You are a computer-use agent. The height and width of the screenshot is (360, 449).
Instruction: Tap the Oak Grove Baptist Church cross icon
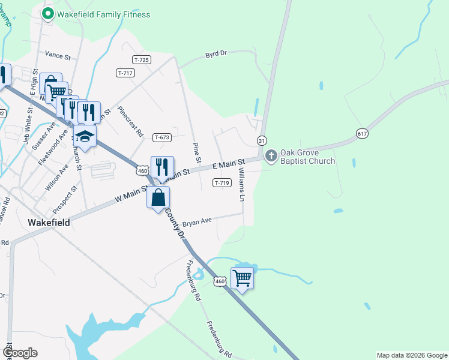(271, 156)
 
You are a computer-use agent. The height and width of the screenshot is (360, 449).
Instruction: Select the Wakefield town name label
(49, 222)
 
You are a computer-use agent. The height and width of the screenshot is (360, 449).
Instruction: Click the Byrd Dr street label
(215, 54)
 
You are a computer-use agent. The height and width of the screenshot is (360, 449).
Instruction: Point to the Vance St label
(58, 55)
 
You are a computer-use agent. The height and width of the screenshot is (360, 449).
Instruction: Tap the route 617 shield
(361, 133)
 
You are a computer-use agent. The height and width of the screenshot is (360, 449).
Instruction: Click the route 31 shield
(262, 140)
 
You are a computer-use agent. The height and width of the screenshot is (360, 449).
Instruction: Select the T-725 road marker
(142, 60)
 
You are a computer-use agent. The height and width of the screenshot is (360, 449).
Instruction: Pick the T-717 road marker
(125, 73)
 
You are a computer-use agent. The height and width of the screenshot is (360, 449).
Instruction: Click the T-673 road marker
(162, 137)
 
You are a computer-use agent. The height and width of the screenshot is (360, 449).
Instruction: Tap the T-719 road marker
(221, 182)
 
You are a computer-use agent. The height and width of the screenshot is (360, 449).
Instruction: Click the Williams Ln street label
(243, 184)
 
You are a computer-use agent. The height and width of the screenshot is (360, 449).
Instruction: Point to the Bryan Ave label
(197, 221)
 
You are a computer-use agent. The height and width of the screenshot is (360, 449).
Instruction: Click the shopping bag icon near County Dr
(158, 197)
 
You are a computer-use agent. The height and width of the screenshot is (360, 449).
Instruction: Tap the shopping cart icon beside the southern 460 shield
(242, 278)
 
